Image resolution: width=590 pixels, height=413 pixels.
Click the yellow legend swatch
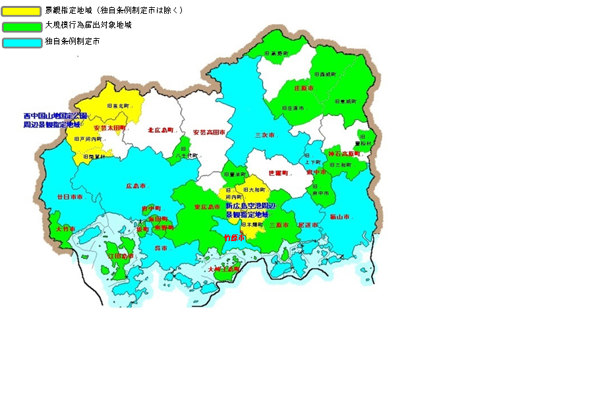pyautogui.click(x=21, y=11)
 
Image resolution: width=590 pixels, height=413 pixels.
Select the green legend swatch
pyautogui.click(x=21, y=26)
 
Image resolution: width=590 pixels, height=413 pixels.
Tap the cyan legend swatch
pyautogui.click(x=21, y=42)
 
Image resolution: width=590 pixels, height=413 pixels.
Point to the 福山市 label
pyautogui.click(x=341, y=217)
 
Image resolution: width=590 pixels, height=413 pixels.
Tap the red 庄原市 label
pyautogui.click(x=304, y=88)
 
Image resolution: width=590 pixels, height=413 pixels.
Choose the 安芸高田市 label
pyautogui.click(x=209, y=132)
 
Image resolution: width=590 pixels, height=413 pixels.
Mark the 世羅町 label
pyautogui.click(x=278, y=173)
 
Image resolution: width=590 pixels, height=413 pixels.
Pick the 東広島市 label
pyautogui.click(x=207, y=207)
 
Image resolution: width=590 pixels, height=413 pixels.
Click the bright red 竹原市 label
pyautogui.click(x=234, y=237)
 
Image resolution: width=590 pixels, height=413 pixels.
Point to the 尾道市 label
pyautogui.click(x=308, y=225)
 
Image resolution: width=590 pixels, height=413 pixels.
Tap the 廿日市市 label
pyautogui.click(x=70, y=197)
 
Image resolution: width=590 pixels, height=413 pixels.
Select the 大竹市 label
pyautogui.click(x=66, y=229)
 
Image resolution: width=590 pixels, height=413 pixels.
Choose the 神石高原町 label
pyautogui.click(x=344, y=153)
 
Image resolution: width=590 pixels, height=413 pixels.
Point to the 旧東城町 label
pyautogui.click(x=345, y=102)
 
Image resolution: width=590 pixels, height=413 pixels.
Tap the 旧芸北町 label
pyautogui.click(x=119, y=105)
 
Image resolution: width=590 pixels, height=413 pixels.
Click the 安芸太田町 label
pyautogui.click(x=109, y=128)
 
